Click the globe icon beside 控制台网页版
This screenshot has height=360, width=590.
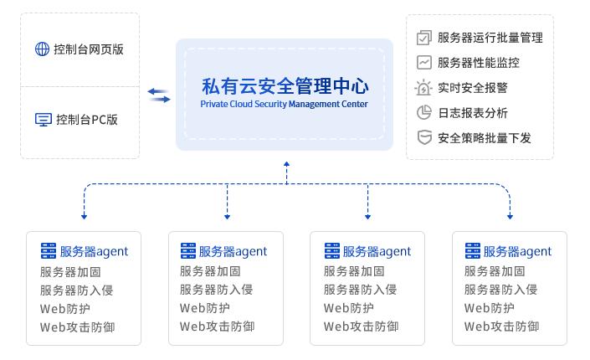[x=42, y=49]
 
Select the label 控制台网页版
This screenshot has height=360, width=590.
[x=88, y=49]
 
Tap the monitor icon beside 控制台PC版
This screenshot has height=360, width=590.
[x=43, y=120]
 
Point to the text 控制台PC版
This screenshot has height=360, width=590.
[x=87, y=120]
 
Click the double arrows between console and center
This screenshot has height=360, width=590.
[x=159, y=95]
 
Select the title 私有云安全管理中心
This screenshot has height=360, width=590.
[x=285, y=85]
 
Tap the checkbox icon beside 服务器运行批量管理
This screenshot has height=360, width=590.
[x=423, y=38]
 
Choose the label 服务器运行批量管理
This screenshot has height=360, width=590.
[x=490, y=38]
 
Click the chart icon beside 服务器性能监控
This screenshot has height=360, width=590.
[x=423, y=63]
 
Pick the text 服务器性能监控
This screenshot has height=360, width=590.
[x=478, y=63]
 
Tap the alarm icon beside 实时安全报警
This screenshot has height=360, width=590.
[x=423, y=88]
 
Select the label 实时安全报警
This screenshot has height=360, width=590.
[x=472, y=88]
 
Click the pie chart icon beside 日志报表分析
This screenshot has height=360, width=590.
[x=423, y=113]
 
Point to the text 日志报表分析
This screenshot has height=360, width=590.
[x=472, y=113]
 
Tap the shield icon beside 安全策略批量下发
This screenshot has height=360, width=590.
[x=423, y=138]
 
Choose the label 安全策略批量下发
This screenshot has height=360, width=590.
[x=484, y=138]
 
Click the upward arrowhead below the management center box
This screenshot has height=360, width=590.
[x=286, y=165]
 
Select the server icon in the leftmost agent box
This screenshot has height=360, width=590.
[x=48, y=251]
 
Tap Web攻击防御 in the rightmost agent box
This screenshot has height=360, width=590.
[x=501, y=327]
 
